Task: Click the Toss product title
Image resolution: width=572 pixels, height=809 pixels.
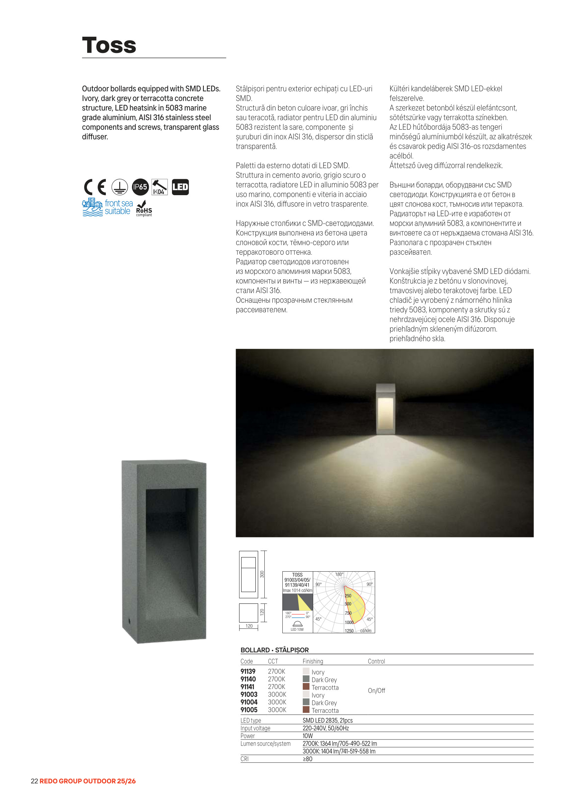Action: coord(109,45)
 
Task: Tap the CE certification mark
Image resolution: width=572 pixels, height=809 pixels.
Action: coord(95,187)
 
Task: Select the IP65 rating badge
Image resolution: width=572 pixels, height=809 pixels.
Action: coord(140,187)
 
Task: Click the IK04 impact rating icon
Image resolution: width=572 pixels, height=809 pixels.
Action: coord(159,187)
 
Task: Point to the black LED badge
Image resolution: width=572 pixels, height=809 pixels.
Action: coord(180,187)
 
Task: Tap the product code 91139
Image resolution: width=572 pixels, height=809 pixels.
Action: coord(248,672)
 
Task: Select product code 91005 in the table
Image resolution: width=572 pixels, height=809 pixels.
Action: coord(249,710)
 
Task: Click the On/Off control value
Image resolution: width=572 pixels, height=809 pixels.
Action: coord(376,691)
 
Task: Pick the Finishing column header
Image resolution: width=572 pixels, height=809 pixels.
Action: coord(312,661)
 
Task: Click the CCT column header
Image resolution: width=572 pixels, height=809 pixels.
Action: coord(273,661)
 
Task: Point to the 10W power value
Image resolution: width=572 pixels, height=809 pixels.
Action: coord(307,736)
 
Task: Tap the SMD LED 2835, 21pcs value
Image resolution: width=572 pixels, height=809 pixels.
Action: coord(327,720)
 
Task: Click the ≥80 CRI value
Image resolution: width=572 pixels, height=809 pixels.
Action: coord(307,759)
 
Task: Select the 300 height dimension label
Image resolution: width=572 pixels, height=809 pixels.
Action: coord(262,574)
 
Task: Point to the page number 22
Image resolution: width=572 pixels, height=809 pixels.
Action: coord(34,781)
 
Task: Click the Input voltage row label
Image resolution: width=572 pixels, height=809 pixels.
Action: coord(255,728)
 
